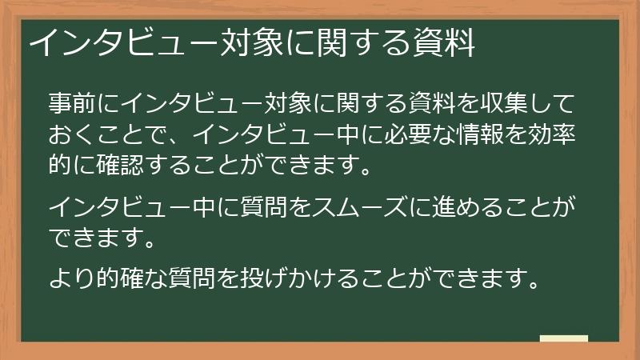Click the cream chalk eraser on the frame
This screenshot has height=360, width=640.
pyautogui.click(x=564, y=339)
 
